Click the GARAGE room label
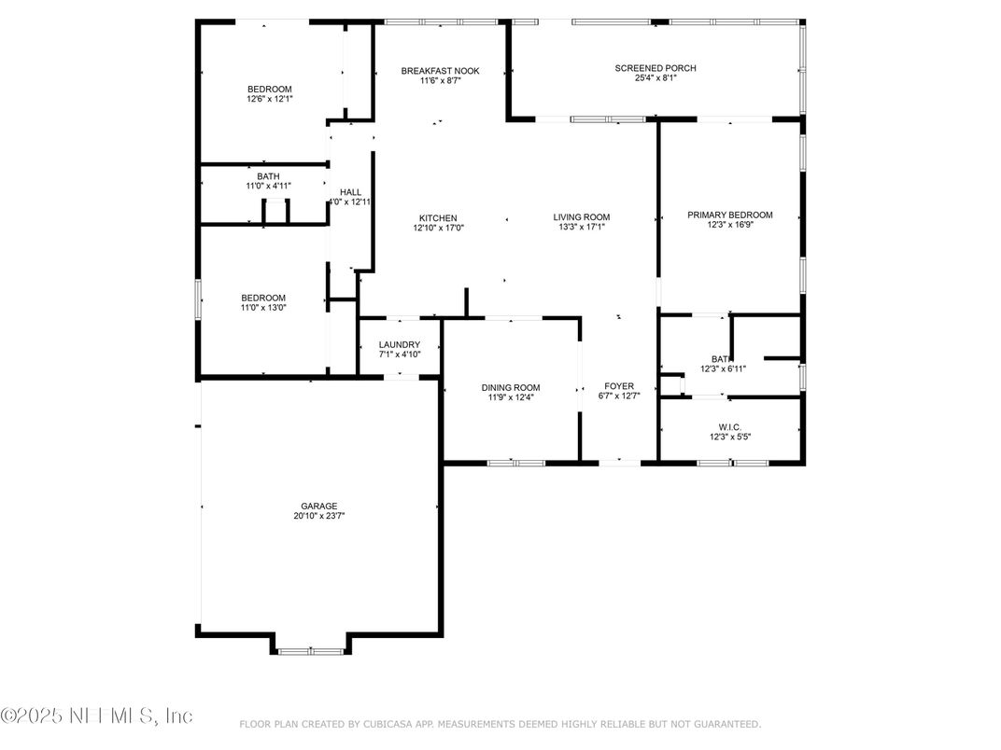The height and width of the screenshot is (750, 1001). tap(318, 506)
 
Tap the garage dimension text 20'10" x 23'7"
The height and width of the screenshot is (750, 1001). tap(318, 516)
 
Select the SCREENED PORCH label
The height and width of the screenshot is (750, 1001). tap(655, 68)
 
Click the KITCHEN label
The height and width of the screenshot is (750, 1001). tap(438, 217)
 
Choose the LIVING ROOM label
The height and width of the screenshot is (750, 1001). tap(581, 217)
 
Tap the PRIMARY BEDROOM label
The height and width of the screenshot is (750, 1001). tap(729, 215)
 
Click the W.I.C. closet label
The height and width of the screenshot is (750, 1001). tap(730, 426)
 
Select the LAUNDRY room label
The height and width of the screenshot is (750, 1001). tap(399, 344)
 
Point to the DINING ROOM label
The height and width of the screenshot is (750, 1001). tap(510, 387)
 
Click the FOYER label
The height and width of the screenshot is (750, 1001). tap(619, 385)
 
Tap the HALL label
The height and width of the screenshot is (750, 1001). tap(350, 192)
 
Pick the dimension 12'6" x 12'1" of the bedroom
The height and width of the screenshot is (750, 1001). tap(269, 99)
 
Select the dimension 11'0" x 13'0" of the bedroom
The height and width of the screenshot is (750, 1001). tap(263, 307)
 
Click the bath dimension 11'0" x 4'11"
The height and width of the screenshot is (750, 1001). tap(268, 186)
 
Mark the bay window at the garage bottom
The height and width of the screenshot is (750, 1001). tap(310, 651)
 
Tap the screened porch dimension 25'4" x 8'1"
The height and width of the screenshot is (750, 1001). tap(655, 78)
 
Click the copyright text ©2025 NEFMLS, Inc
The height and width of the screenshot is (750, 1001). tap(96, 715)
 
